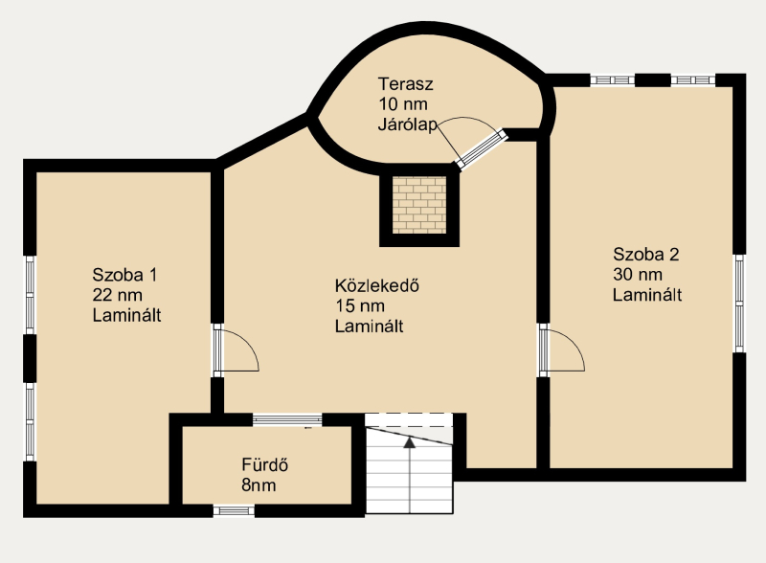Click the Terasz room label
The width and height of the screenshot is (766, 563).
click(x=405, y=84)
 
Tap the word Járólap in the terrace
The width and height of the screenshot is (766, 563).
click(x=408, y=124)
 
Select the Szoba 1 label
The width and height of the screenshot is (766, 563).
click(x=124, y=275)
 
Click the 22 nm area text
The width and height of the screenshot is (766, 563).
click(x=117, y=295)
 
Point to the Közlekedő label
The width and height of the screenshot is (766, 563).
click(x=376, y=285)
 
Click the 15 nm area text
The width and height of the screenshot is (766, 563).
click(x=360, y=306)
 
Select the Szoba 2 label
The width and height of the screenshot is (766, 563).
click(x=645, y=254)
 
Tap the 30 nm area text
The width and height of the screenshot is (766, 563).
click(x=638, y=275)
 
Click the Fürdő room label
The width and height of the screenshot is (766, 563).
click(x=265, y=464)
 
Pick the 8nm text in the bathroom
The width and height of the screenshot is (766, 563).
click(x=259, y=484)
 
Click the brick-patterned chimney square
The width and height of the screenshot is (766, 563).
click(x=419, y=205)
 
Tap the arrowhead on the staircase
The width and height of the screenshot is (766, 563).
click(x=410, y=442)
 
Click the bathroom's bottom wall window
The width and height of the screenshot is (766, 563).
click(x=234, y=510)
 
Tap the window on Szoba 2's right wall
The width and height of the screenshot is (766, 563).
click(x=739, y=303)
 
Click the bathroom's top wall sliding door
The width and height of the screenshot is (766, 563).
click(x=287, y=419)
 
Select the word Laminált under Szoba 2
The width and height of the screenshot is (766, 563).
click(x=647, y=295)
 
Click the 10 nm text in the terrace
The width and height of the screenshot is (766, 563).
click(x=403, y=104)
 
